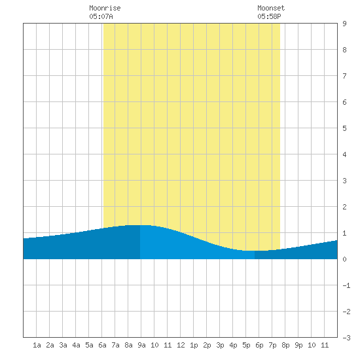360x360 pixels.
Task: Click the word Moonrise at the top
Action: [x=105, y=8]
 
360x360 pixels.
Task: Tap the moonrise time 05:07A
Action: [x=101, y=16]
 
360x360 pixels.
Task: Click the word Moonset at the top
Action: [x=271, y=8]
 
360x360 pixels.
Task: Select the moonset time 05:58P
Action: [x=269, y=16]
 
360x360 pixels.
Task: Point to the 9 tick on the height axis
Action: [x=344, y=24]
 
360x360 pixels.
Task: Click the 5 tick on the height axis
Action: [x=344, y=128]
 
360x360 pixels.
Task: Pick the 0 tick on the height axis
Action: [x=344, y=259]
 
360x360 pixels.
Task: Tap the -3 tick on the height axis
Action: [x=346, y=338]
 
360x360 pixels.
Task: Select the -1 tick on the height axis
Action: [x=346, y=285]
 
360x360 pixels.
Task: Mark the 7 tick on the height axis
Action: [x=344, y=76]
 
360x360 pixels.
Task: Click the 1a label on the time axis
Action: [x=37, y=345]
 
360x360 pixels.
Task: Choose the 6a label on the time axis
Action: [x=102, y=345]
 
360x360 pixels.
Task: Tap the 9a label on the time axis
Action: [x=141, y=345]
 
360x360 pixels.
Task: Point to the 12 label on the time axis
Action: [x=181, y=345]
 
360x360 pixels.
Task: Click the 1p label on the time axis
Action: [x=194, y=345]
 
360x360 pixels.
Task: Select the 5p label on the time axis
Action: [x=246, y=345]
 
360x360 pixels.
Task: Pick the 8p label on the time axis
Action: [x=285, y=345]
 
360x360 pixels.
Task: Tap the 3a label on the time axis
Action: [x=63, y=345]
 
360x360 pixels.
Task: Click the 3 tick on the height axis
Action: [x=344, y=181]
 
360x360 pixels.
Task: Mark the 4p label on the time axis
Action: [x=233, y=345]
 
